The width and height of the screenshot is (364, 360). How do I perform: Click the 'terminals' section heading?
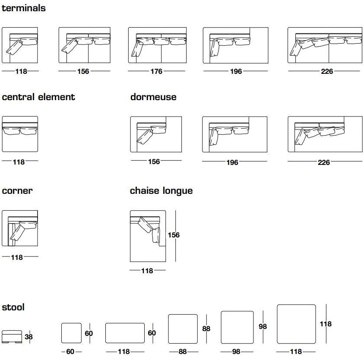24,8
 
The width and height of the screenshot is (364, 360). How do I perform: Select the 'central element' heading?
38,97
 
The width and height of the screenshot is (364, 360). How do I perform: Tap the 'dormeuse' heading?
153,97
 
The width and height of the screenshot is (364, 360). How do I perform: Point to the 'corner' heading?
17,190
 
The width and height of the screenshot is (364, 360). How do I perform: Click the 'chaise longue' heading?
161,191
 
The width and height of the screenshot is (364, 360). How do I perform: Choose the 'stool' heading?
13,307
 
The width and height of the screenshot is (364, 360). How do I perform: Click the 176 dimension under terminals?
156,72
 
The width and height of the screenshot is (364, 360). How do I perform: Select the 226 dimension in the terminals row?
327,72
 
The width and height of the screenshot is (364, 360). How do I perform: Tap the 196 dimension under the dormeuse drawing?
232,163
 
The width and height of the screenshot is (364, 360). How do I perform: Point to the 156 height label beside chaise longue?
173,235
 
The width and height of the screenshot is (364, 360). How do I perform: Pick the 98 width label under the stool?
236,352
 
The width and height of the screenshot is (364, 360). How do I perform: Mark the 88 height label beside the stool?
206,329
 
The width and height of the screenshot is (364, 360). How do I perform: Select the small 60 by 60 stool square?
71,333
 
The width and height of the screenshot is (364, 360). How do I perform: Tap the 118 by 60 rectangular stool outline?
125,333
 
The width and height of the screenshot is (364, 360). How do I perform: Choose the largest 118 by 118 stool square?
296,324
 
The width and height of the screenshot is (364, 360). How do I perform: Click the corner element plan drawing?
20,228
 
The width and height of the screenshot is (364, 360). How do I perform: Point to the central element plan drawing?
20,134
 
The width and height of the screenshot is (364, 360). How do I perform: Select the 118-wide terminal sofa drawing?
20,46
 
